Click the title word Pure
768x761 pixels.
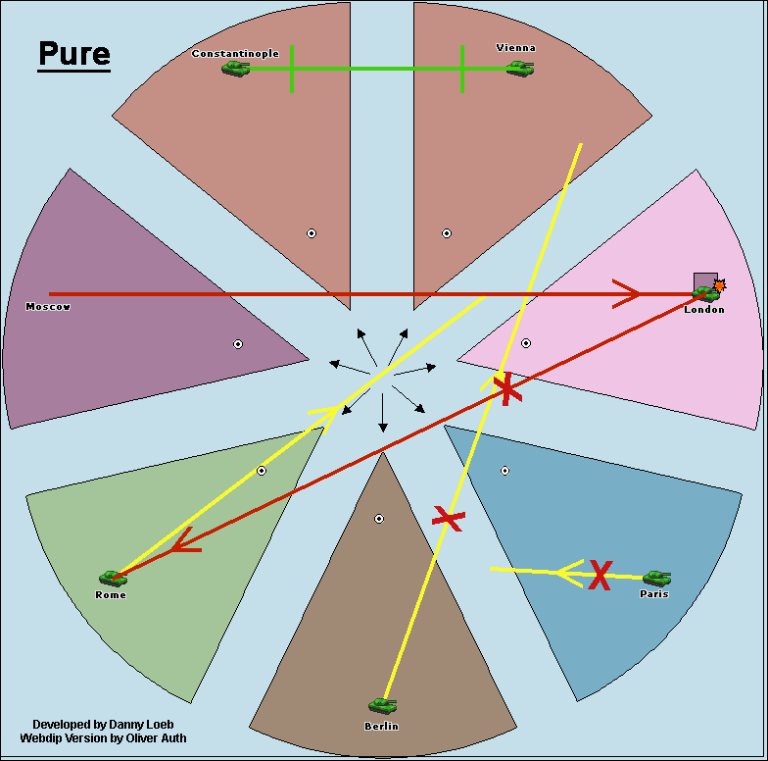pos(74,53)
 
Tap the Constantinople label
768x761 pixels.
pos(235,53)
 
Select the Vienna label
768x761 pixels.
pos(515,47)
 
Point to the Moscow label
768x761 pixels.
pos(48,306)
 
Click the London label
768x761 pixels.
pos(704,310)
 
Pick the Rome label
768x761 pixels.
pos(111,594)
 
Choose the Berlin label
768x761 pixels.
pos(382,726)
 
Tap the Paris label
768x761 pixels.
pos(654,594)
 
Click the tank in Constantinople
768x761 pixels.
pos(235,69)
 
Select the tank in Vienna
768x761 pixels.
pos(520,69)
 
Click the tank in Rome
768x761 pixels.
pos(114,579)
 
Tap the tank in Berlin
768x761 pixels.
pos(382,706)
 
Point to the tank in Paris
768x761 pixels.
pos(656,579)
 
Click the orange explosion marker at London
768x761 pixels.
pos(719,285)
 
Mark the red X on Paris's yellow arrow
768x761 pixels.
pos(600,575)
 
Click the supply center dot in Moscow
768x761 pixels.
pos(238,344)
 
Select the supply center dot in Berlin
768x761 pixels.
pos(379,519)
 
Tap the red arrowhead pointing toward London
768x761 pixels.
pos(626,294)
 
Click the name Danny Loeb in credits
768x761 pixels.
pos(141,725)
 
